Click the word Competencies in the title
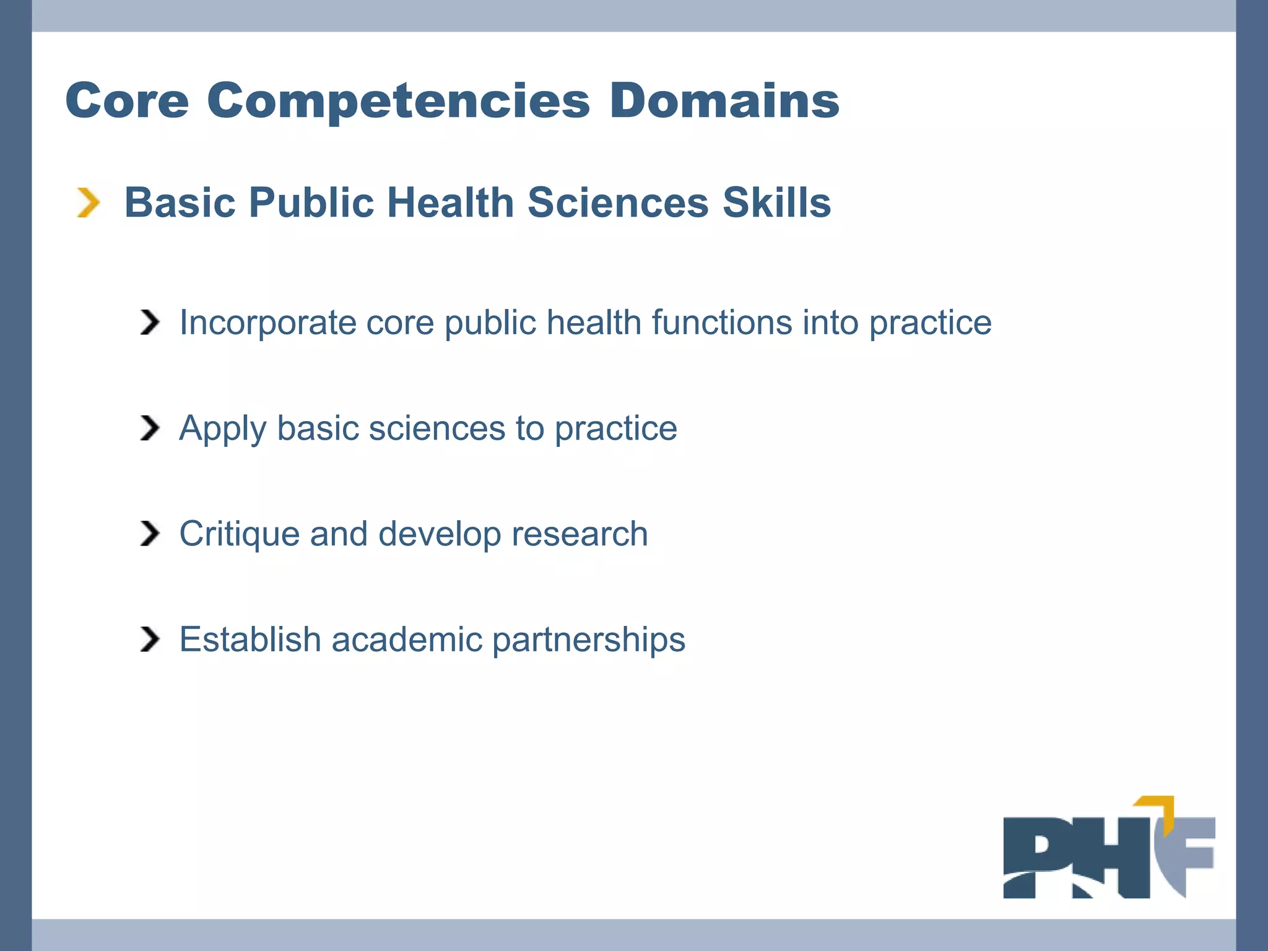click(398, 101)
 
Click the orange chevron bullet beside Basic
click(88, 203)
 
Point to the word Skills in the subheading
click(776, 202)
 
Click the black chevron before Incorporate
click(149, 323)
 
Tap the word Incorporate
click(267, 323)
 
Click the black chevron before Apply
click(149, 428)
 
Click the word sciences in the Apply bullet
click(437, 428)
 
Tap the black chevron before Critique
click(149, 534)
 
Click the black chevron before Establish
click(149, 639)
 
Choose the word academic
click(407, 639)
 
